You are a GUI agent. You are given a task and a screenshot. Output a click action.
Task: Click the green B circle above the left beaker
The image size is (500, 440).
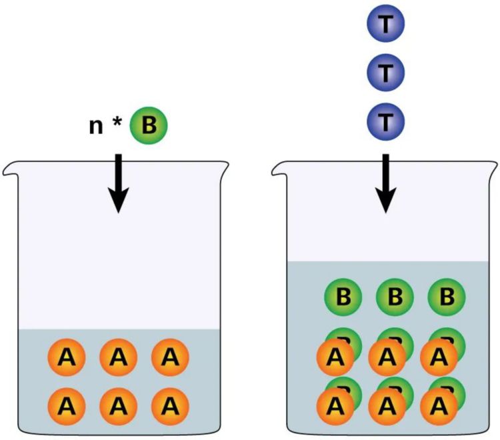pyautogui.click(x=149, y=125)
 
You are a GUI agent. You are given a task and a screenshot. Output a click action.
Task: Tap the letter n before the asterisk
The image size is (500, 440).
pyautogui.click(x=97, y=127)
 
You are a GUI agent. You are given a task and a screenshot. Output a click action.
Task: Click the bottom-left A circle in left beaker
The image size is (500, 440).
pyautogui.click(x=67, y=405)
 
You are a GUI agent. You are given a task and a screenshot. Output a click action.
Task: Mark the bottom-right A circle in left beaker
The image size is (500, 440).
pyautogui.click(x=171, y=405)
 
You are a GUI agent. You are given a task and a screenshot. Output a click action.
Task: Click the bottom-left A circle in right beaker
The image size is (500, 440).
pyautogui.click(x=335, y=405)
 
